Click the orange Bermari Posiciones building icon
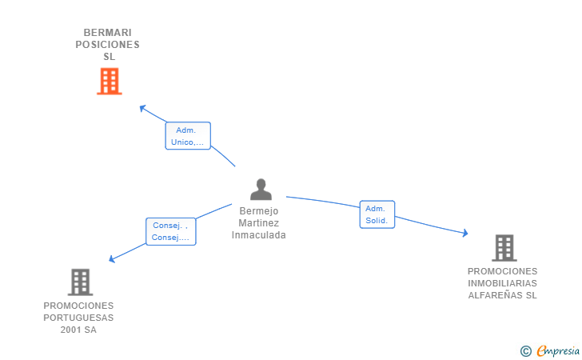(109, 81)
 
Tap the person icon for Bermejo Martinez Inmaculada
(261, 190)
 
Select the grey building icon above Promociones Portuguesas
(80, 282)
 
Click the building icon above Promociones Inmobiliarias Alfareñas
(504, 248)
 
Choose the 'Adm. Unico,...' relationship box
(187, 136)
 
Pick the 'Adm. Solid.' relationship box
(377, 214)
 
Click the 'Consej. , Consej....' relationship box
(170, 231)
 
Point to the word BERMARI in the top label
(108, 33)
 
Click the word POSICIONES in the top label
(108, 45)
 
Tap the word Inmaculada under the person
(259, 235)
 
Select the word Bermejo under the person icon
(259, 211)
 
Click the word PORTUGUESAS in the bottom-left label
(78, 318)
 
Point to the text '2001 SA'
(78, 330)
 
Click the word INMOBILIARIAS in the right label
(503, 283)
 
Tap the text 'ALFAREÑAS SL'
(503, 295)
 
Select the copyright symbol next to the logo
(525, 350)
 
